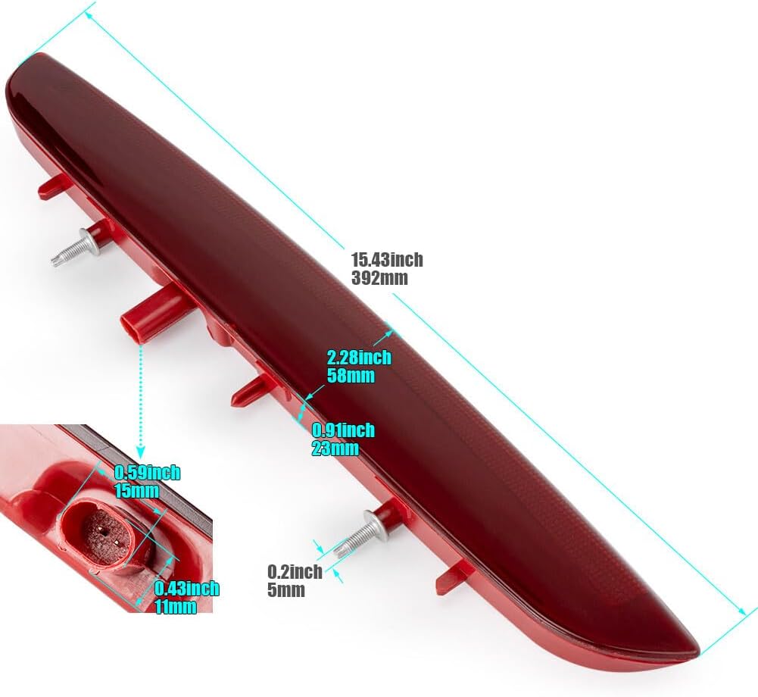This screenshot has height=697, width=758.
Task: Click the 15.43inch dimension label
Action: (387, 260)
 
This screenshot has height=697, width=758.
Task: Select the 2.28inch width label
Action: (359, 358)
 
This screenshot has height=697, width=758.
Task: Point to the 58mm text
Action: (351, 375)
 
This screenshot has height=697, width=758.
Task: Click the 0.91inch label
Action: (343, 430)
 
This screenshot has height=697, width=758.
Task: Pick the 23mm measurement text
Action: (335, 449)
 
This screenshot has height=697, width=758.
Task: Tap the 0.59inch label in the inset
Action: (148, 473)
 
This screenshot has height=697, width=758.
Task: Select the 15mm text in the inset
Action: (137, 490)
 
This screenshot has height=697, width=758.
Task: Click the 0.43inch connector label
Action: (187, 589)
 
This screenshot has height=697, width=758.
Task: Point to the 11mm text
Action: (176, 607)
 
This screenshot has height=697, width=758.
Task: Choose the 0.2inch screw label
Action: (295, 572)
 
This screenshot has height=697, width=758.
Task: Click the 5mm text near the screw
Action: (286, 590)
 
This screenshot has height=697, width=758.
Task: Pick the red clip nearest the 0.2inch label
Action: (453, 577)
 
